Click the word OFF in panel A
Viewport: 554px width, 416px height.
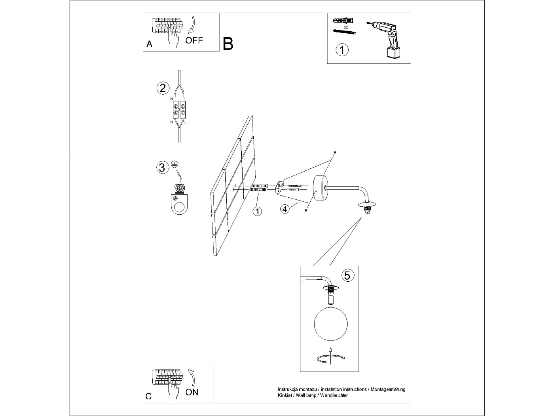coord(194,40)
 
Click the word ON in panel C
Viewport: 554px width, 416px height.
coord(192,392)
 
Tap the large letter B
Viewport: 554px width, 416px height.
coord(228,44)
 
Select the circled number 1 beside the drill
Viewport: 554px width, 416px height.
coord(342,50)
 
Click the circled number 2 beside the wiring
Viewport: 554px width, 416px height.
coord(163,88)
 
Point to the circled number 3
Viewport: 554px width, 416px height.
coord(162,167)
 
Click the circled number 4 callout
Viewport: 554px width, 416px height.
coord(285,209)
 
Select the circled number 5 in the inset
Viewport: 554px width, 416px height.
coord(347,275)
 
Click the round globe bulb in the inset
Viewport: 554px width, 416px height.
coord(331,323)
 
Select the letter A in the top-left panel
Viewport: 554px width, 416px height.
coord(149,44)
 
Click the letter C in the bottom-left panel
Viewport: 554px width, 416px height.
coord(148,396)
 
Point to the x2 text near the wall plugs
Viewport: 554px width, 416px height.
coord(346,27)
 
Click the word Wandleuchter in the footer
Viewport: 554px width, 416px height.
coord(334,395)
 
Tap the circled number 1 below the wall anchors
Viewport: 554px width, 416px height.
coord(257,211)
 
